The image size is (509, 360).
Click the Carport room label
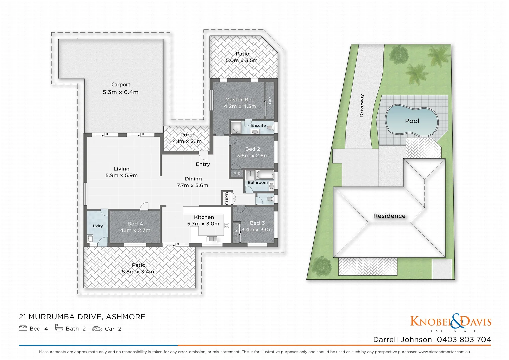pyautogui.click(x=121, y=85)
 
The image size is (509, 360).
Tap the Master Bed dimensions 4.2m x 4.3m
pyautogui.click(x=240, y=106)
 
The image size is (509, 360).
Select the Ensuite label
pyautogui.click(x=258, y=126)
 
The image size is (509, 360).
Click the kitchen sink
pyautogui.click(x=212, y=239)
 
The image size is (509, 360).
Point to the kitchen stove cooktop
pyautogui.click(x=227, y=225)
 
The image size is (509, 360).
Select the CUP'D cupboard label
pyautogui.click(x=227, y=198)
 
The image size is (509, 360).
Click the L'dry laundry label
pyautogui.click(x=98, y=226)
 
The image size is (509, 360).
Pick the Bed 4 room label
pyautogui.click(x=135, y=224)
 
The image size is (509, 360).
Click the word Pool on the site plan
pyautogui.click(x=412, y=121)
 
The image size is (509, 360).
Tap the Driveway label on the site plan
pyautogui.click(x=362, y=106)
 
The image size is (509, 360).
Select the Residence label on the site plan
pyautogui.click(x=389, y=216)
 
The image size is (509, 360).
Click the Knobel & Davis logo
pyautogui.click(x=451, y=322)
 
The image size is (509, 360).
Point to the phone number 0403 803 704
pyautogui.click(x=464, y=340)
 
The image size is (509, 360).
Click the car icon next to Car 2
pyautogui.click(x=97, y=329)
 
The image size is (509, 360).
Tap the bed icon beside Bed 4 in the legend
pyautogui.click(x=23, y=329)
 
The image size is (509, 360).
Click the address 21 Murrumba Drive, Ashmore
pyautogui.click(x=82, y=317)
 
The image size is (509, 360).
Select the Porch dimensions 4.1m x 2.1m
pyautogui.click(x=187, y=141)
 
